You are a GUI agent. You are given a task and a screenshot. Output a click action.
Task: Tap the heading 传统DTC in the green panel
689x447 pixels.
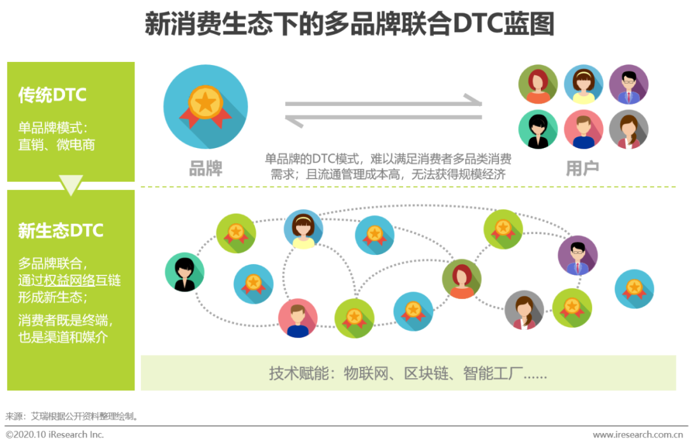click(52, 95)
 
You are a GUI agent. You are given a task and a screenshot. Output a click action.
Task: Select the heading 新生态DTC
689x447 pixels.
click(61, 230)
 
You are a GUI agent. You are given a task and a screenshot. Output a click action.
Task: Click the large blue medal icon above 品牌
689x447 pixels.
click(205, 107)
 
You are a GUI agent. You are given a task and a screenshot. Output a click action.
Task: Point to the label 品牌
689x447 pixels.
click(205, 168)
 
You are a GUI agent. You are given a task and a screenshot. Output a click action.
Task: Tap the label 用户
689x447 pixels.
click(582, 168)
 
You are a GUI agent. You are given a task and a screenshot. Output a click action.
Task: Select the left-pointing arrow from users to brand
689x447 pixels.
click(383, 119)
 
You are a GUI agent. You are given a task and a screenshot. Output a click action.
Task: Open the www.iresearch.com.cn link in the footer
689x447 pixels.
click(637, 435)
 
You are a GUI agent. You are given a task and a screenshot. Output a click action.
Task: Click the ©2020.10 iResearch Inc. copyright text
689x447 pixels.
click(55, 435)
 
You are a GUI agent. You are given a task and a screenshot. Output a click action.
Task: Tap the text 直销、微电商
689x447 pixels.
click(57, 145)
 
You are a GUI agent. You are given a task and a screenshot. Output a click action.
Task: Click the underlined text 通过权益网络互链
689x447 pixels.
click(70, 280)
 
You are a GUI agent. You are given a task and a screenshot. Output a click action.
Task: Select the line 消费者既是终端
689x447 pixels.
click(66, 320)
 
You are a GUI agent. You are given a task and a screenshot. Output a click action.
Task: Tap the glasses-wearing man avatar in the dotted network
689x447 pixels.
click(577, 256)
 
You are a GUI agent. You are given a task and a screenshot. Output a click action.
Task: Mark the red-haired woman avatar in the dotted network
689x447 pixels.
click(462, 279)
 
